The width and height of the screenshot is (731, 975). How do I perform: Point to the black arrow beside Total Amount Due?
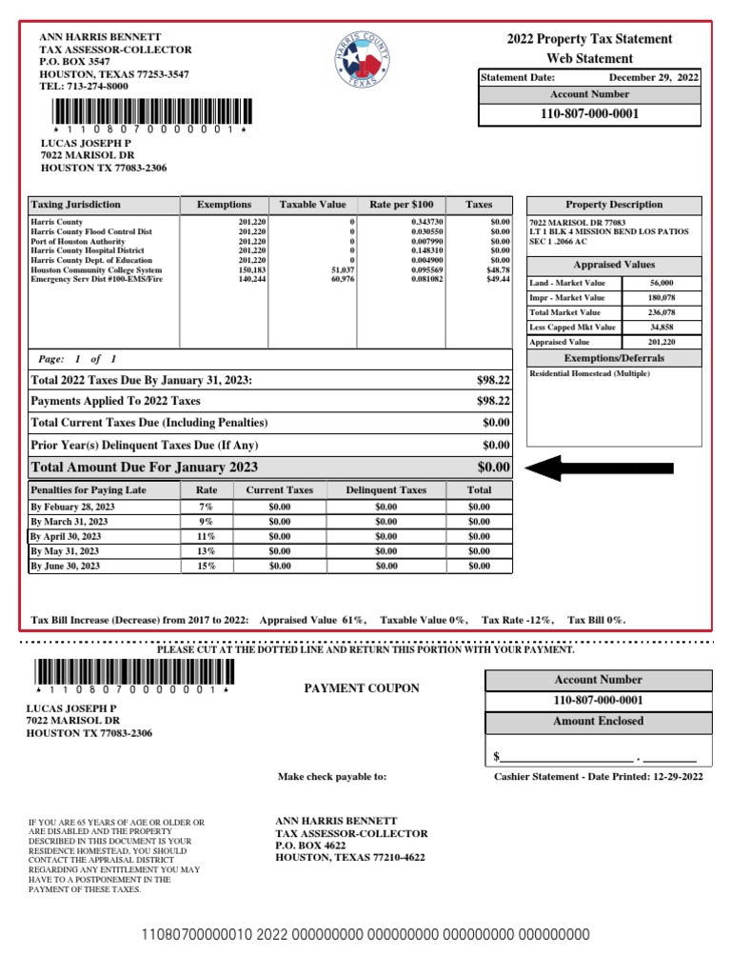[x=600, y=468]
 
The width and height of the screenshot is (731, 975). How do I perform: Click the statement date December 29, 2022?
[x=653, y=76]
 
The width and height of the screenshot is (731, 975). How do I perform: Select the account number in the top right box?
[x=589, y=114]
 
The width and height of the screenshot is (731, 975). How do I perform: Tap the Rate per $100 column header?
[x=401, y=205]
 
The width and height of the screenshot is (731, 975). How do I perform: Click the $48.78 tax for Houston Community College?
[x=500, y=269]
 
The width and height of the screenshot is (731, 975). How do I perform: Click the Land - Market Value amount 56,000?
[x=662, y=283]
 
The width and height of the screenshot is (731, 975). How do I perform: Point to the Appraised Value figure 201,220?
[x=662, y=342]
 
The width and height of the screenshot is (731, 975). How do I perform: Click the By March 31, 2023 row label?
[x=69, y=522]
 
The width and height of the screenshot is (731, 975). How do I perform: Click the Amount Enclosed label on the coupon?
[x=598, y=722]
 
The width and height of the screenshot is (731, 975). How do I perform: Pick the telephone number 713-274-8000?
[x=96, y=86]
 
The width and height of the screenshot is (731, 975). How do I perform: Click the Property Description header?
[x=614, y=205]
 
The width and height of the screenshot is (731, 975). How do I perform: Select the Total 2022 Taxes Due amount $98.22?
[x=493, y=380]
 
